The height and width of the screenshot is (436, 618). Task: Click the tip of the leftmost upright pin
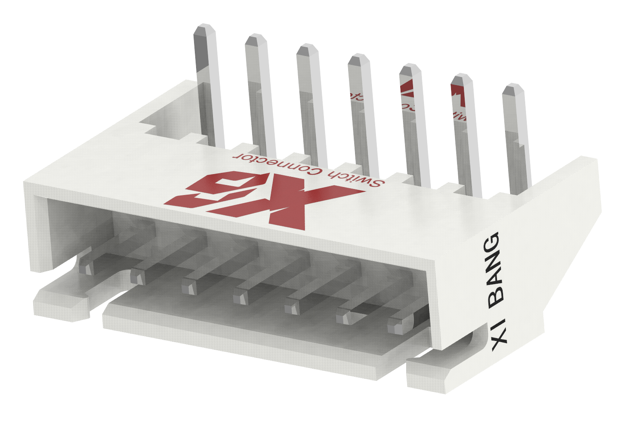point(205,31)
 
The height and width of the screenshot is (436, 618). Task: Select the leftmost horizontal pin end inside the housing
point(86,267)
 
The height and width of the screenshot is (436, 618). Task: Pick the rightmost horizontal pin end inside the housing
point(395,325)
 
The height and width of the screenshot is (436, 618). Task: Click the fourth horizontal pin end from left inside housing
point(240,297)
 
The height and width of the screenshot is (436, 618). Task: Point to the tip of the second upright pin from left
point(256,40)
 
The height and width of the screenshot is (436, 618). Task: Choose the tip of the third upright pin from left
point(307,50)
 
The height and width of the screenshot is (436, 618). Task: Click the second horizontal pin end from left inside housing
point(137,277)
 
